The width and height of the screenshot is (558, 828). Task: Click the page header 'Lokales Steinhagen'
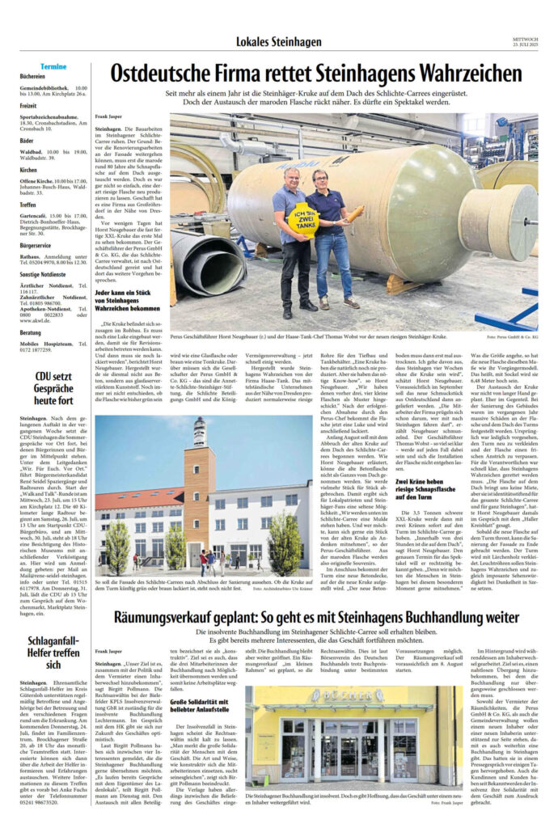click(x=278, y=41)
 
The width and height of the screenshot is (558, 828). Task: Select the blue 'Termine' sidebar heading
click(x=54, y=66)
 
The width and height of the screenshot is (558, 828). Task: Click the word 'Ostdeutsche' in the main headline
click(x=163, y=75)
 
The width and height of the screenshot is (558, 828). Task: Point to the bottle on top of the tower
click(x=199, y=431)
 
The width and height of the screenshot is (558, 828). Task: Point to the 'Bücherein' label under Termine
click(x=33, y=76)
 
